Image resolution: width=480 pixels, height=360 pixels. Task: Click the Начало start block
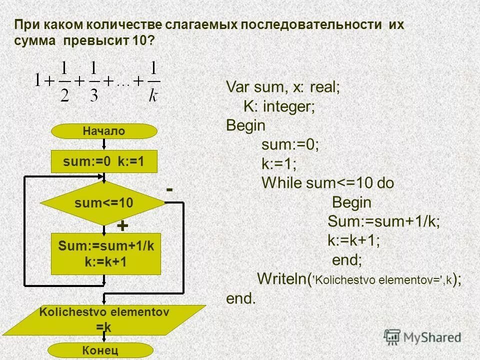click(x=104, y=131)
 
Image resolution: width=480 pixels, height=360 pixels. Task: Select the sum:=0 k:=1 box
click(x=104, y=162)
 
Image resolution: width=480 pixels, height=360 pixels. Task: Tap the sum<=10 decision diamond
click(x=103, y=203)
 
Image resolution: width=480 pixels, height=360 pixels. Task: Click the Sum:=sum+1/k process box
click(x=106, y=253)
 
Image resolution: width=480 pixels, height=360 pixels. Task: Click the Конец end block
click(x=104, y=350)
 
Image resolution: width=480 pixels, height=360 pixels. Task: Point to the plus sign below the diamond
click(x=122, y=226)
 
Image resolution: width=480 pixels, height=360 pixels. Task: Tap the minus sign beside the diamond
click(x=169, y=190)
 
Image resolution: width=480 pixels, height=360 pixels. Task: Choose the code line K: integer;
click(x=279, y=106)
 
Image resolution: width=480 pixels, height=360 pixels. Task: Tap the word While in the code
click(x=282, y=183)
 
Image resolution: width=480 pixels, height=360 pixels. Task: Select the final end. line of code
click(x=240, y=298)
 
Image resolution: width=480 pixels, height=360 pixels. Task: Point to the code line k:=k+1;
click(x=354, y=240)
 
